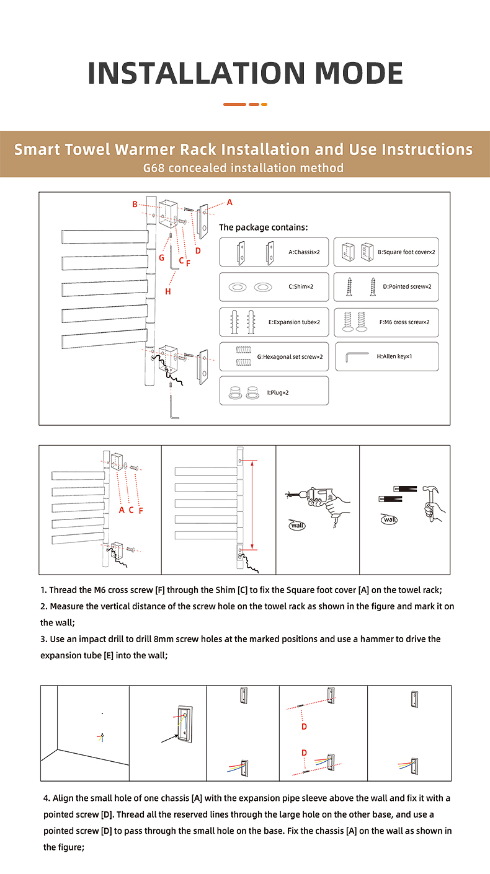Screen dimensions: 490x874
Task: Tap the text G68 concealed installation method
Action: (243, 168)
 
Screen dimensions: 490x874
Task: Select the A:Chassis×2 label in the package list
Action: (304, 252)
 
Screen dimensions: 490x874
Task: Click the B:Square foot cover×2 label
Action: (406, 252)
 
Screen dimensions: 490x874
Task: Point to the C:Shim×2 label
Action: (301, 286)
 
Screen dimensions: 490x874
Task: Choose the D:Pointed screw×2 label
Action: (407, 286)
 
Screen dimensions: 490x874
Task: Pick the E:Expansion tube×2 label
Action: (294, 322)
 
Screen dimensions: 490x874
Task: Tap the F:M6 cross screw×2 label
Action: (404, 322)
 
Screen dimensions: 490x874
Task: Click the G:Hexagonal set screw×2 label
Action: (290, 356)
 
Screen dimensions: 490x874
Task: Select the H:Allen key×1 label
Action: (394, 356)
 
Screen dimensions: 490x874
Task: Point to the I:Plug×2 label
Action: (278, 392)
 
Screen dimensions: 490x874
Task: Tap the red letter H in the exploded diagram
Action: (168, 291)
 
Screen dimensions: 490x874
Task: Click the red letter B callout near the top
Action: (135, 204)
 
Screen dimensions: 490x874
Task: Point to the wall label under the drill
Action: (297, 525)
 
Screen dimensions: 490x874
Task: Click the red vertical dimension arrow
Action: (252, 505)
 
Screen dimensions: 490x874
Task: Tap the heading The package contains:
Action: (263, 227)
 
